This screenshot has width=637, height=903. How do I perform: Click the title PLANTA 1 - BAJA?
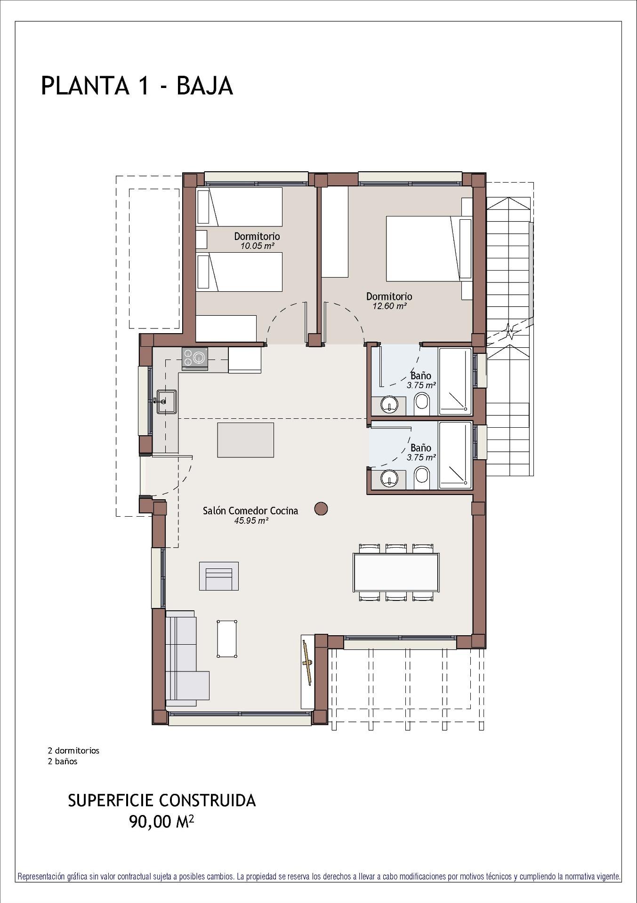(x=137, y=86)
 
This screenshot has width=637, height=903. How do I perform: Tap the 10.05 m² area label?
(x=257, y=246)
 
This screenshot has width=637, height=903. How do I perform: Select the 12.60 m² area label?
(x=389, y=306)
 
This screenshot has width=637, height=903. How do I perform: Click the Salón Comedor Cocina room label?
(x=250, y=511)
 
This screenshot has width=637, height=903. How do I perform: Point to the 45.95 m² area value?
(x=251, y=520)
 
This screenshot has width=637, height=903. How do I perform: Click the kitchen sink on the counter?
(x=167, y=401)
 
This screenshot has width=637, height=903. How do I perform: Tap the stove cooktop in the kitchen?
(x=195, y=359)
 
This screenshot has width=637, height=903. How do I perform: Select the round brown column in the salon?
(x=321, y=508)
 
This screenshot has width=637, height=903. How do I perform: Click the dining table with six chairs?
(x=396, y=573)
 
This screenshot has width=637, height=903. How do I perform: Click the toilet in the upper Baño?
(x=422, y=404)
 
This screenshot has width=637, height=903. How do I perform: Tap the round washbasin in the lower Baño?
(x=390, y=478)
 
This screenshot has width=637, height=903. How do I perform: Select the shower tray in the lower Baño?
(x=455, y=455)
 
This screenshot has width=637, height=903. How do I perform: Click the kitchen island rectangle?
(x=245, y=440)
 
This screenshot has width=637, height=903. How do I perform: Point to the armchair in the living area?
(x=219, y=576)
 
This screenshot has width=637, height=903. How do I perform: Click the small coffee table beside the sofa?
(x=227, y=638)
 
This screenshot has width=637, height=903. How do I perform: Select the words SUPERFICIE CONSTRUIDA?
(x=161, y=800)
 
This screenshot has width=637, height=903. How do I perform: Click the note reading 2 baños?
(x=62, y=761)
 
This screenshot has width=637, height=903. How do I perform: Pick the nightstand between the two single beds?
(x=202, y=239)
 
